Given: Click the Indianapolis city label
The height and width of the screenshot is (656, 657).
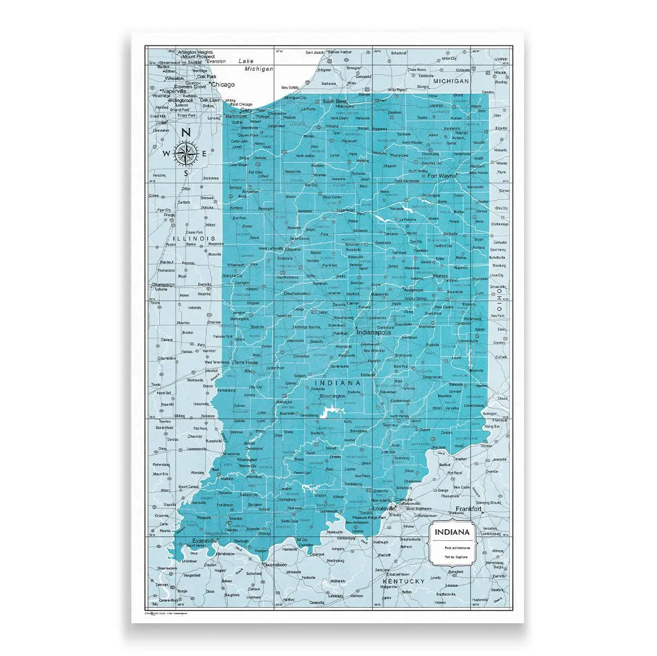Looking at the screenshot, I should point(374,332).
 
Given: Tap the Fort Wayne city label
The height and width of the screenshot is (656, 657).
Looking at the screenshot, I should point(443,176).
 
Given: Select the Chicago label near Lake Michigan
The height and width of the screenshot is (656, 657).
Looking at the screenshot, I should point(223,85).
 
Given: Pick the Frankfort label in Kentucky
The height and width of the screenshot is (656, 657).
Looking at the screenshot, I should point(469,509).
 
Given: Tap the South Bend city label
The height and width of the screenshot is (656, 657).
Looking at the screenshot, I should point(334,102).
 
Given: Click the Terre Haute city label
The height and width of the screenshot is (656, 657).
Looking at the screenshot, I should point(245,362).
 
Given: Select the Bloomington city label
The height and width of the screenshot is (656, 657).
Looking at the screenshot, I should point(333,395).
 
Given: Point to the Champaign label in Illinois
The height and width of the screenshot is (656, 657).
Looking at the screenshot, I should point(163,285).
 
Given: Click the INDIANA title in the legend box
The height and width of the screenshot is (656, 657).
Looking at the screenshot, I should point(452,532).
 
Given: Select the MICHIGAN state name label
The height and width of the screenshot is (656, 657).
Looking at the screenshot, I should point(451,81).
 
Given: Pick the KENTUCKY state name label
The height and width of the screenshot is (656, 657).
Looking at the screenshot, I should point(404,581).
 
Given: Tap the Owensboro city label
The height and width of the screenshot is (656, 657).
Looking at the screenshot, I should point(275,563).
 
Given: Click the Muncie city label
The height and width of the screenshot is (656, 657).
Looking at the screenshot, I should point(440,277).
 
